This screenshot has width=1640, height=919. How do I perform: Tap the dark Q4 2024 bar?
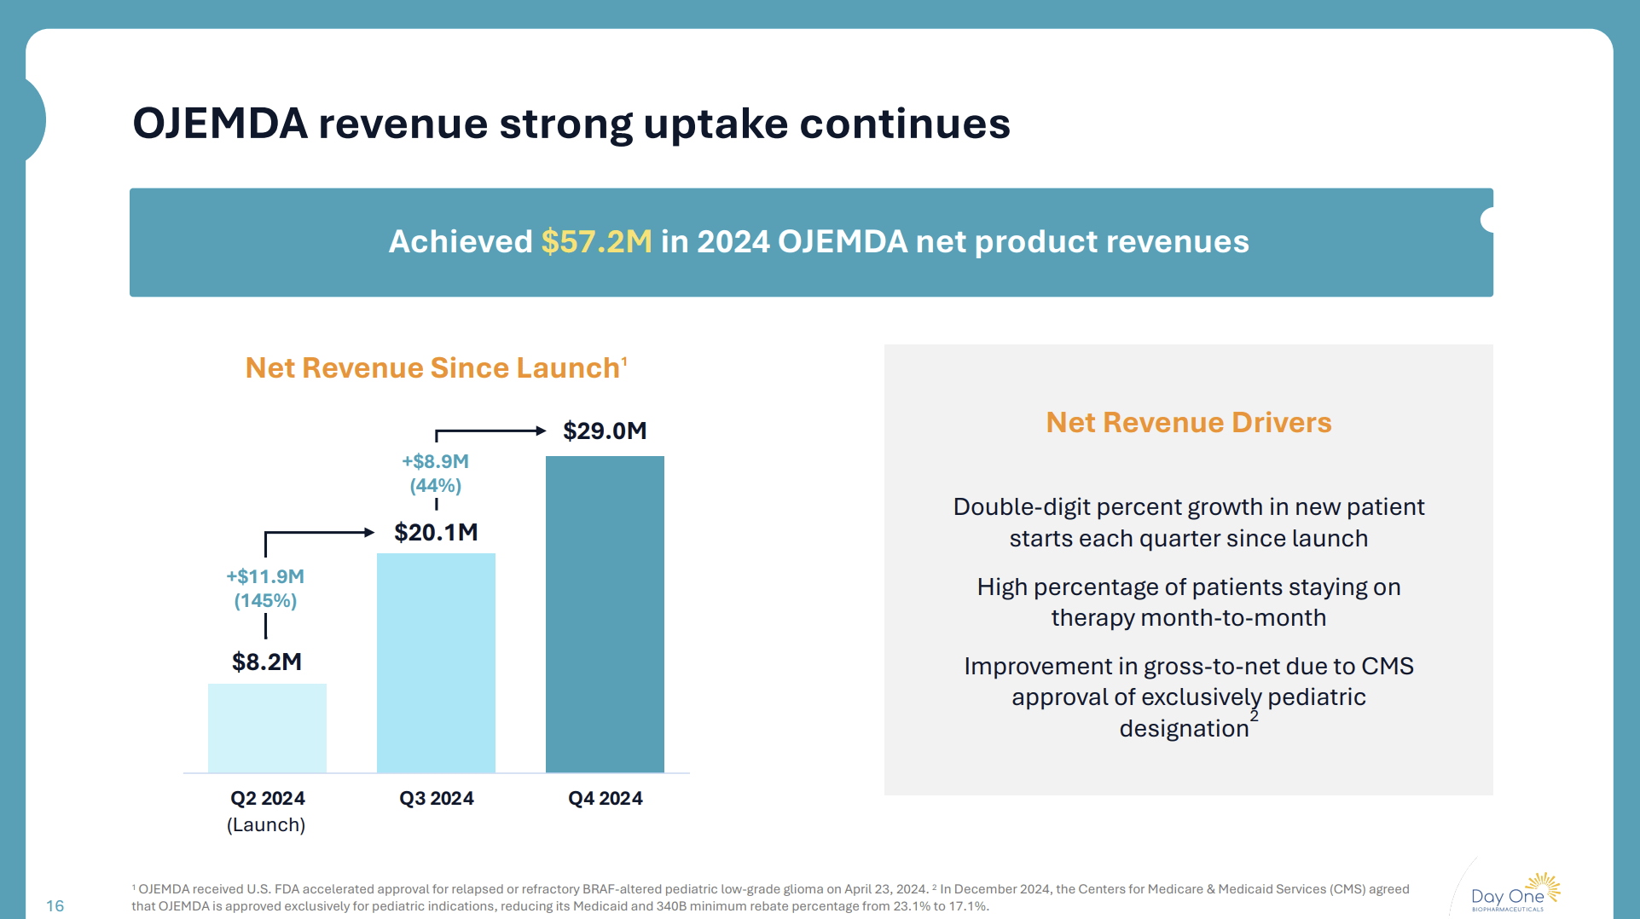pos(605,614)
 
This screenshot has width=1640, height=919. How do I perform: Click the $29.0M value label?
pos(605,431)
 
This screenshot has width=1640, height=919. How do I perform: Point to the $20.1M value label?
pos(436,532)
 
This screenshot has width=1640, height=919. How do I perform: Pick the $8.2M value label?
pos(267,662)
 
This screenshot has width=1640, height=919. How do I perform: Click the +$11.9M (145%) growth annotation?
pos(265,588)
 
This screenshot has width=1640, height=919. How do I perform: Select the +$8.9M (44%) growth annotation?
pos(435,473)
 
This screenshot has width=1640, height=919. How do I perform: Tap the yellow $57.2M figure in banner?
pos(596,242)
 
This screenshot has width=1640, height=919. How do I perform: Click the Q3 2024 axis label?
pos(436,799)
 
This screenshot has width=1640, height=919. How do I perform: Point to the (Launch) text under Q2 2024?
pos(266,825)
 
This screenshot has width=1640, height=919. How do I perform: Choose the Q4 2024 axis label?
pos(605,799)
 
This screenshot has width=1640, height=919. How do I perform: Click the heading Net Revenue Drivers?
pos(1188,423)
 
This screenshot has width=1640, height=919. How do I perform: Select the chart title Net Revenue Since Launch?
pos(432,368)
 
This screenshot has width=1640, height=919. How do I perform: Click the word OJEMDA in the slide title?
pos(220,124)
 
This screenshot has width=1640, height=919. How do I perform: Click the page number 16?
pos(55,905)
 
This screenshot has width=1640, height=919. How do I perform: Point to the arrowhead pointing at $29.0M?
pos(541,431)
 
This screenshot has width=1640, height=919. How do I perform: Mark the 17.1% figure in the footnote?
pos(968,906)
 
